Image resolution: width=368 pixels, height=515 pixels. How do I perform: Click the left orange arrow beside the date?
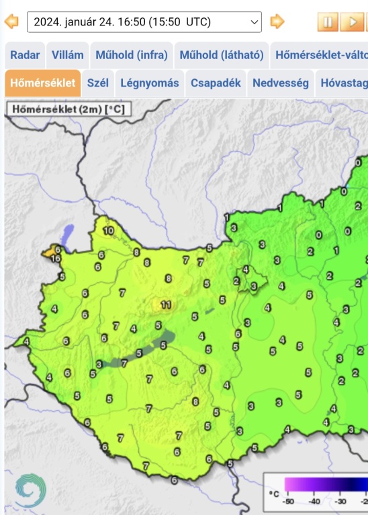pos(11,21)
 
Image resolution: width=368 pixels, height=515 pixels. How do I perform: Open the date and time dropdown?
pos(144,21)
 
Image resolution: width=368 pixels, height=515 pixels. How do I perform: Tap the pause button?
pos(328,22)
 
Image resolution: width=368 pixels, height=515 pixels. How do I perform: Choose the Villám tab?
pos(67,55)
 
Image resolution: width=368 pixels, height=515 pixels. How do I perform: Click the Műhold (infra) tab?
pos(131,55)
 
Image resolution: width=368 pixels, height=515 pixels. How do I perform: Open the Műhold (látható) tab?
pos(221,55)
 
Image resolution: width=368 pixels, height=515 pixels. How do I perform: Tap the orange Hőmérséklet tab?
pos(42,83)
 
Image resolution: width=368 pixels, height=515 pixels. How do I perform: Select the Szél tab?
pos(98,83)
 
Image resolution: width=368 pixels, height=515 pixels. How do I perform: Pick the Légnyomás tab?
pos(150,83)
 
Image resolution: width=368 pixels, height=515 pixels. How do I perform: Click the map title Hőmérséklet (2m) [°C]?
pos(68,109)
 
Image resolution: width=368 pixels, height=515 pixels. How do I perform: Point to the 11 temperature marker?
pos(166,305)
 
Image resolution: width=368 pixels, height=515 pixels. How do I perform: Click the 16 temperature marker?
pos(56,258)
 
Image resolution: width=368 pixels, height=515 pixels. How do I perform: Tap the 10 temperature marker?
pos(109,231)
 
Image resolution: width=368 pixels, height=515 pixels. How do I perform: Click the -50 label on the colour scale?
pos(289,501)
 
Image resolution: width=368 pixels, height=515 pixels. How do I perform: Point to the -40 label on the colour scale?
pos(314,501)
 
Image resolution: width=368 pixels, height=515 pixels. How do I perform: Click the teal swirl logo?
pos(30,490)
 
